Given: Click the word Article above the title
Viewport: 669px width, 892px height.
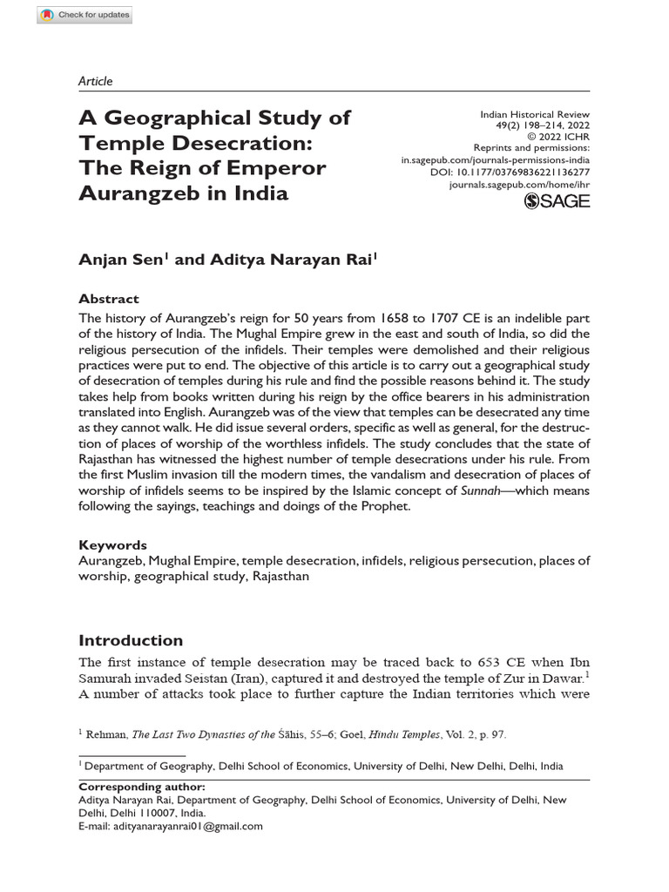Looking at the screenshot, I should (95, 81).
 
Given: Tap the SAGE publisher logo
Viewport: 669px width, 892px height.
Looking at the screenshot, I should (557, 201).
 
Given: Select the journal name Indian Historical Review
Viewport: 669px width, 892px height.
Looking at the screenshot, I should (535, 114).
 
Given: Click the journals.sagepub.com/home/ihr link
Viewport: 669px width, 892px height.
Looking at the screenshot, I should (519, 186).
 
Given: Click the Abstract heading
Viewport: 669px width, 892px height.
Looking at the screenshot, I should (109, 298).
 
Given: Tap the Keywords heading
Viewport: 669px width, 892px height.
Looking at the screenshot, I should (112, 544).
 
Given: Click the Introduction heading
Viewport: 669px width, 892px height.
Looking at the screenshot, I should (131, 640).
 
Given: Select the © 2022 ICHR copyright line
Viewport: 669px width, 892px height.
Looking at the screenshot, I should (558, 138).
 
